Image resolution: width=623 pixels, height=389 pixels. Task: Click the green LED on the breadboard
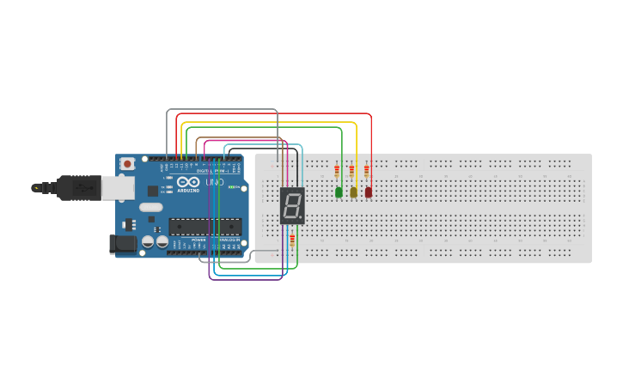click(x=339, y=192)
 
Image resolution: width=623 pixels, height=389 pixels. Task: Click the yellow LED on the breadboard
click(x=353, y=192)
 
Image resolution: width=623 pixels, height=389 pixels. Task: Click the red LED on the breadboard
click(x=369, y=192)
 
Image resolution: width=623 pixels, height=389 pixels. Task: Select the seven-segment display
click(x=292, y=205)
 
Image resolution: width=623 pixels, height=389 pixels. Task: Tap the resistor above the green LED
click(x=337, y=171)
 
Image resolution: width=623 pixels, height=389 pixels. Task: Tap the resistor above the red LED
click(x=367, y=171)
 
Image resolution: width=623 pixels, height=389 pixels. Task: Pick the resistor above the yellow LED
click(x=351, y=171)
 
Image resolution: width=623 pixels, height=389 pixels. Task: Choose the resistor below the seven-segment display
click(x=291, y=240)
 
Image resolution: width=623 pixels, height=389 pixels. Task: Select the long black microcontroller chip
click(x=203, y=226)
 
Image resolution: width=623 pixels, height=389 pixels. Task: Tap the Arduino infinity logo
click(x=192, y=183)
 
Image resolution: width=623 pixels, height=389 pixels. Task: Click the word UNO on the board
click(x=215, y=183)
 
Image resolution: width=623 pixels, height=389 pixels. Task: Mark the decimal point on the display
click(x=300, y=215)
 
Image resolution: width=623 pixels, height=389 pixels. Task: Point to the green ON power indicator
click(x=232, y=186)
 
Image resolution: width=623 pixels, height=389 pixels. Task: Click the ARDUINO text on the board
click(x=191, y=190)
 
